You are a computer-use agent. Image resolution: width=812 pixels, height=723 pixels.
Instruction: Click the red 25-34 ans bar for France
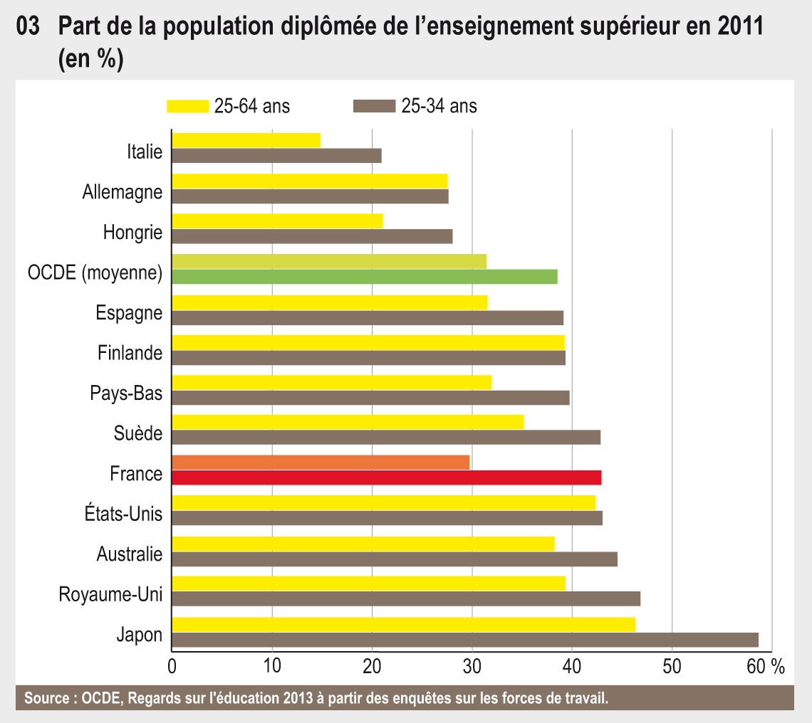tap(387, 477)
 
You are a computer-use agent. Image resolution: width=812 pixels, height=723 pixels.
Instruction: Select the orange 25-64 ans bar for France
tap(321, 463)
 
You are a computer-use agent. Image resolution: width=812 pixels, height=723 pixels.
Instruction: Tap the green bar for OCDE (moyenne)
tap(365, 276)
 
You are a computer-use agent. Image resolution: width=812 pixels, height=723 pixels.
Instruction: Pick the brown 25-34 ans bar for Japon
tap(465, 640)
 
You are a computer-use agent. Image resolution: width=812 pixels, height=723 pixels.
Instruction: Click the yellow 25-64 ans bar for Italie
tap(246, 140)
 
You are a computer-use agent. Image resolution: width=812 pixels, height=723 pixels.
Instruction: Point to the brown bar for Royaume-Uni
tap(406, 599)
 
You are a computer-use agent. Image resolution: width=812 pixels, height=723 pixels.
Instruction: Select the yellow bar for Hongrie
tap(277, 221)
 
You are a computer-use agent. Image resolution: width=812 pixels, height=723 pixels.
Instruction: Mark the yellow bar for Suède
tap(348, 422)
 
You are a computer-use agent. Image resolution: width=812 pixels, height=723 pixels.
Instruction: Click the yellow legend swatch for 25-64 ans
tap(188, 107)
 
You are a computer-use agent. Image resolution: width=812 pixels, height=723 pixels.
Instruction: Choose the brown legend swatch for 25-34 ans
tap(374, 107)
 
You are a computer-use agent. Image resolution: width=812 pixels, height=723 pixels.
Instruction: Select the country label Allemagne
tap(123, 192)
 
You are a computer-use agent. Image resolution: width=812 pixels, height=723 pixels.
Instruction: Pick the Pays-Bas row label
tap(126, 393)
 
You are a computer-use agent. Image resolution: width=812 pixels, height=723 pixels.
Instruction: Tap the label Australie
tap(130, 554)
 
